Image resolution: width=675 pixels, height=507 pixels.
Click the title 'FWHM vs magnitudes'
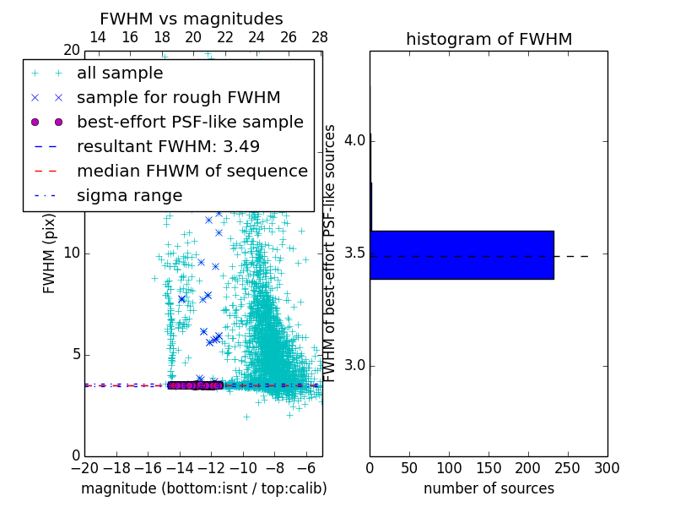tap(192, 19)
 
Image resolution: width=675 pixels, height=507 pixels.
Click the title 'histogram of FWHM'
tap(489, 39)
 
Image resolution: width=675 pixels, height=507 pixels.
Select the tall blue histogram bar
tap(462, 254)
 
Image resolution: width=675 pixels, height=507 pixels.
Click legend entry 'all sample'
tap(120, 73)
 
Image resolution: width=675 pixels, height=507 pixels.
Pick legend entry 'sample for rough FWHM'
tap(178, 97)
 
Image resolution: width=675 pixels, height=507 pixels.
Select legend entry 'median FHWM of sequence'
tap(192, 171)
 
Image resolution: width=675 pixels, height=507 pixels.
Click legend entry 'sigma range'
tap(129, 195)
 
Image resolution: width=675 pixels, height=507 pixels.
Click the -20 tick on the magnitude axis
tap(84, 467)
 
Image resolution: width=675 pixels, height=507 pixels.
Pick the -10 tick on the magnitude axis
tap(243, 467)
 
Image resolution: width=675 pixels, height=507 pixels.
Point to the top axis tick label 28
tap(320, 37)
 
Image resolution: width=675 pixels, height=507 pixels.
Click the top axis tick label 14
tap(98, 37)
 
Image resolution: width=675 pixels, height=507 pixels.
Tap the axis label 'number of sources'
tap(489, 488)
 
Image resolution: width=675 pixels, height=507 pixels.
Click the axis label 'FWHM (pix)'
tap(50, 254)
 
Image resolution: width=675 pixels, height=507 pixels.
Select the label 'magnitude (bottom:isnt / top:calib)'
tap(203, 488)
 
